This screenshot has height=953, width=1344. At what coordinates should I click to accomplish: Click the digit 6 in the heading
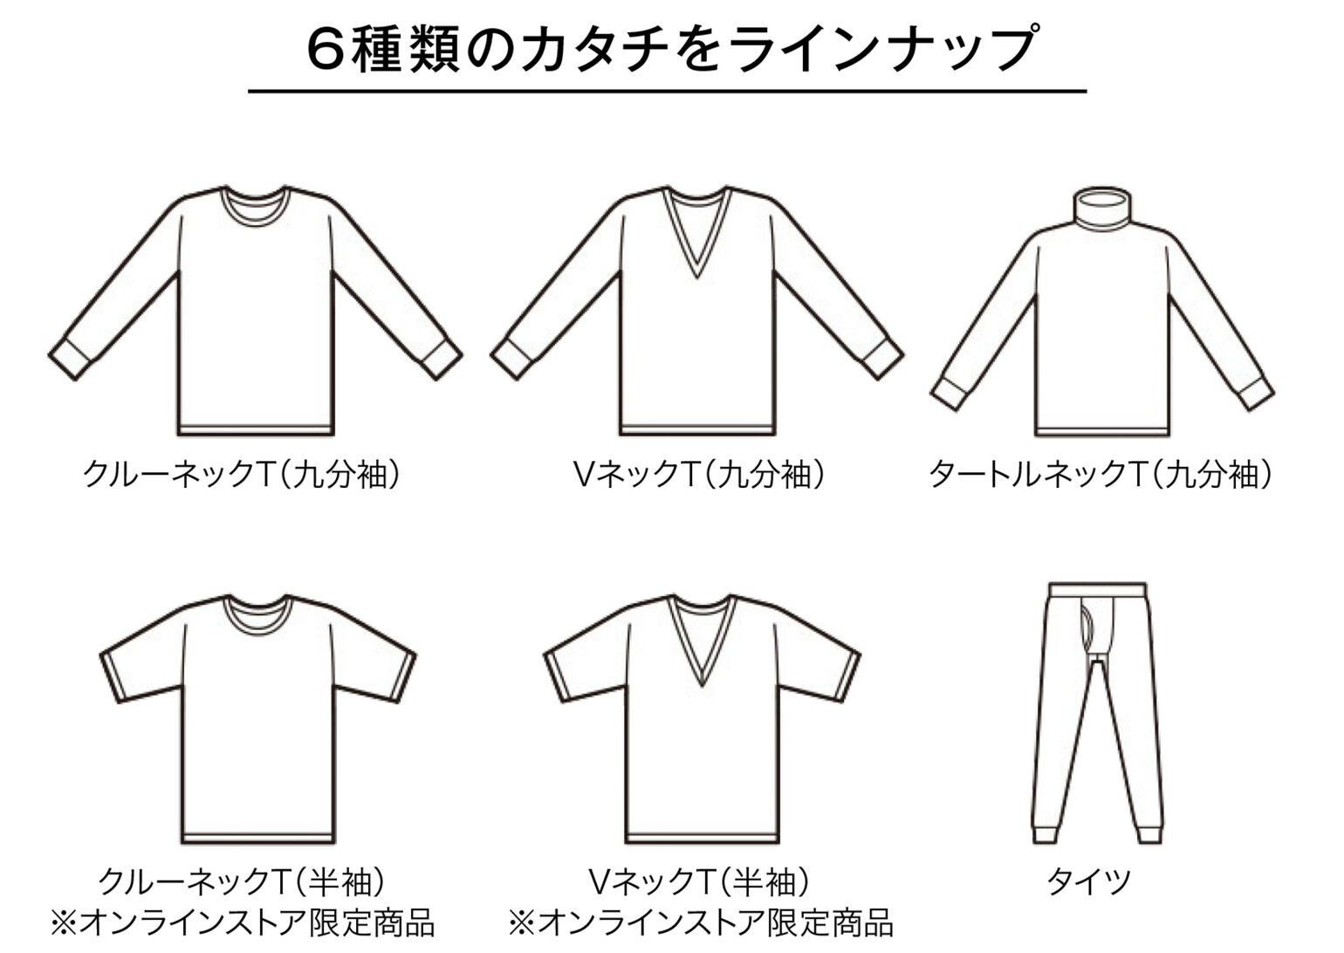point(326,50)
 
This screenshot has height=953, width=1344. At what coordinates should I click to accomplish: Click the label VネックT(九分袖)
point(699,474)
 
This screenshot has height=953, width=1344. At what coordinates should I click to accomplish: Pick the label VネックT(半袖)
point(699,881)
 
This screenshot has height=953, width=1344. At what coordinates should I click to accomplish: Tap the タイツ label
point(1089,881)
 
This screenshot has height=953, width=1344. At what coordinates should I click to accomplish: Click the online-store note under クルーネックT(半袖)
point(243,923)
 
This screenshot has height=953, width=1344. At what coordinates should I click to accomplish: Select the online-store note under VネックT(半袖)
point(701,923)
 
